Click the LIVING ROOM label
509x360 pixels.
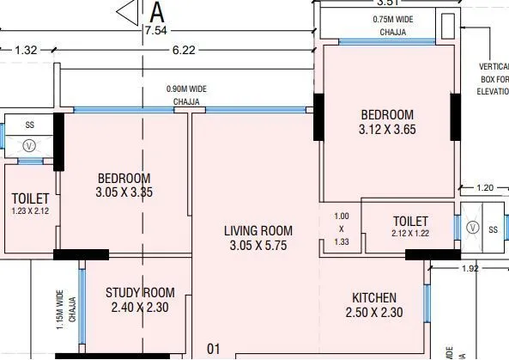pyautogui.click(x=258, y=230)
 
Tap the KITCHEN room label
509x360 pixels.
pyautogui.click(x=373, y=297)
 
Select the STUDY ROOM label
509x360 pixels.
pyautogui.click(x=140, y=293)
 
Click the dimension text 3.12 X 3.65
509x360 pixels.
pyautogui.click(x=386, y=130)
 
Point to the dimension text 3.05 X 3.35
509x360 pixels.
pyautogui.click(x=124, y=193)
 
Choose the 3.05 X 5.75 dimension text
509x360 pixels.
pyautogui.click(x=258, y=245)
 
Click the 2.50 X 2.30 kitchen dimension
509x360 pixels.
pyautogui.click(x=373, y=312)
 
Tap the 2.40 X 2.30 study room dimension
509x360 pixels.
pyautogui.click(x=140, y=308)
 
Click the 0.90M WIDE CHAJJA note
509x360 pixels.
pyautogui.click(x=186, y=95)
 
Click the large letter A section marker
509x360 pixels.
pyautogui.click(x=157, y=12)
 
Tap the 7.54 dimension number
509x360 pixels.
pyautogui.click(x=155, y=30)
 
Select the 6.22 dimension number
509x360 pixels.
pyautogui.click(x=183, y=51)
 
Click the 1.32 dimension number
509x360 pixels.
pyautogui.click(x=26, y=51)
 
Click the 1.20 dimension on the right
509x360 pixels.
pyautogui.click(x=484, y=187)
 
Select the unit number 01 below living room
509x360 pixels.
pyautogui.click(x=214, y=349)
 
